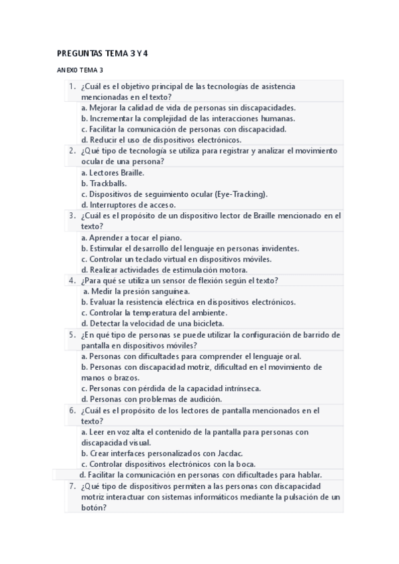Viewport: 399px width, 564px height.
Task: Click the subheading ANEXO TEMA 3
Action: [x=80, y=70]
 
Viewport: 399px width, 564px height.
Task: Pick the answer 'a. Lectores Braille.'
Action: [x=113, y=172]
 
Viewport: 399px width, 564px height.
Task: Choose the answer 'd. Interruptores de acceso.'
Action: [x=127, y=205]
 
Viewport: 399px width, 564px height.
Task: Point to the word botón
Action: [x=93, y=507]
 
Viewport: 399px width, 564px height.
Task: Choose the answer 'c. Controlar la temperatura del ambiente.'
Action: [x=154, y=313]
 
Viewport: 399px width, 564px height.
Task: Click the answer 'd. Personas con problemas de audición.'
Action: [x=151, y=399]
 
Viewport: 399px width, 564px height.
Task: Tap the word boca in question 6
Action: [x=244, y=464]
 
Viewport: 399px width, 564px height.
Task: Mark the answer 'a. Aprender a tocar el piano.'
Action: [x=131, y=237]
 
